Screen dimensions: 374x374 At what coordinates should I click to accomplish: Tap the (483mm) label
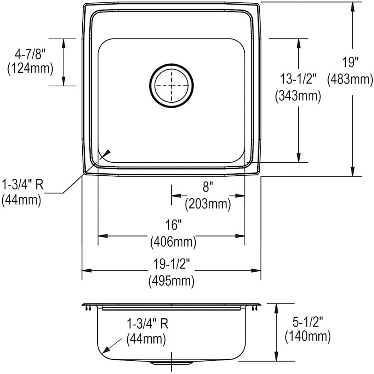click(350, 79)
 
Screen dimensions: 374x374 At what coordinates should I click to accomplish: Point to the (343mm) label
click(298, 96)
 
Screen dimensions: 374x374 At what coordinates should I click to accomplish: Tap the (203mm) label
click(207, 204)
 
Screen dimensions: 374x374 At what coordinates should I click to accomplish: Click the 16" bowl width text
click(172, 226)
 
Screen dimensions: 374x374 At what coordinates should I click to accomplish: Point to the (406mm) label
click(172, 241)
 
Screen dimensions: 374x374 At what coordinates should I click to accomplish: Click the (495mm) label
click(171, 281)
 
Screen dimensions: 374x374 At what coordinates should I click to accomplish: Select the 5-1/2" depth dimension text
click(308, 320)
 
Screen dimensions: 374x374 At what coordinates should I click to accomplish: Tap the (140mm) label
click(308, 336)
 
